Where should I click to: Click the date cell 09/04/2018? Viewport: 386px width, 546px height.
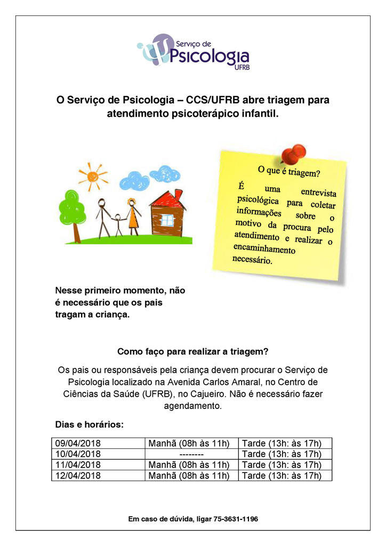[x=78, y=444]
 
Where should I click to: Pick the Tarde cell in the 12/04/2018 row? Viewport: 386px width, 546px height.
[x=282, y=476]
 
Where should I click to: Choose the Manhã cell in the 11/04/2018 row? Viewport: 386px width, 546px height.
[x=189, y=465]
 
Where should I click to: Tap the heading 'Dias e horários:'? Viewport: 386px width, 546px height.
[x=90, y=425]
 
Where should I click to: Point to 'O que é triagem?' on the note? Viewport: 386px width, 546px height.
[x=288, y=172]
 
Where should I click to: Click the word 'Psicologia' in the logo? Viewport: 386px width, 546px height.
[x=210, y=55]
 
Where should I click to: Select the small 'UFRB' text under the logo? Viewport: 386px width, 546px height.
[x=242, y=68]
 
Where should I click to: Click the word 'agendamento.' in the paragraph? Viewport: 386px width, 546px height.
[x=192, y=406]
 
